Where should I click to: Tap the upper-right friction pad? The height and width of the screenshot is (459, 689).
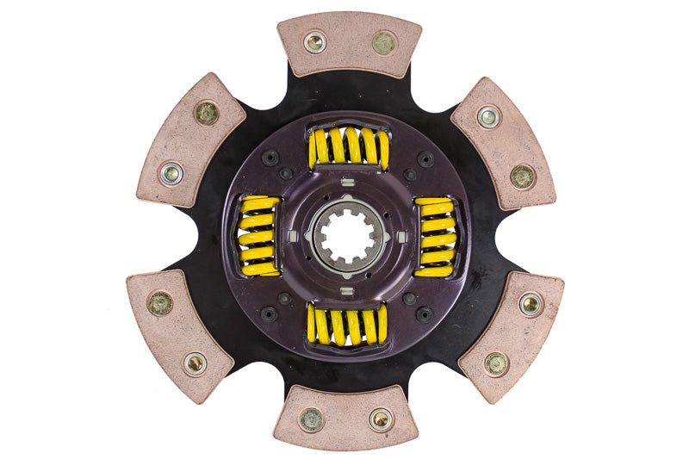point(504,142)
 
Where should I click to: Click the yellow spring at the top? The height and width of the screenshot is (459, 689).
point(348,147)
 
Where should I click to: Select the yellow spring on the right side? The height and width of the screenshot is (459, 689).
point(436,237)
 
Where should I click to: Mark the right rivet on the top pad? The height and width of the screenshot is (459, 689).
point(382,40)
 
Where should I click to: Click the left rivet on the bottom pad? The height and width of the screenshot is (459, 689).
point(311,419)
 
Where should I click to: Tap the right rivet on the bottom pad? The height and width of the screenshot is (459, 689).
point(380,419)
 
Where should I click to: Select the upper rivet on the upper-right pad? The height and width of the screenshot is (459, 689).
point(489,115)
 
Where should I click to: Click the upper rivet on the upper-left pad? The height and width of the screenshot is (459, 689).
point(207,113)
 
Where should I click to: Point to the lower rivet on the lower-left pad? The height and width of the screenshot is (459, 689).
point(196,363)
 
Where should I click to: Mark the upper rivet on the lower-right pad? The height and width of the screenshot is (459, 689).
point(530,303)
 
